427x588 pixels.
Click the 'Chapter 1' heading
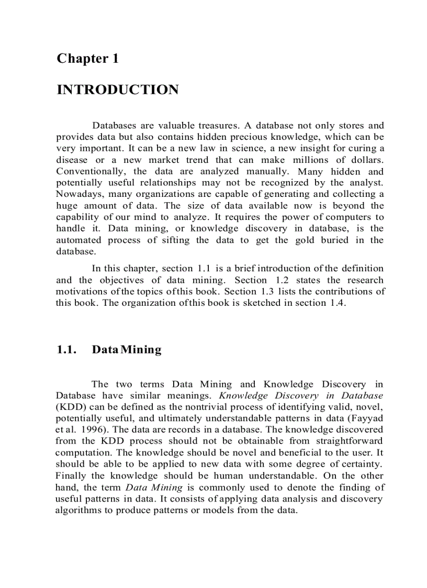pyautogui.click(x=87, y=58)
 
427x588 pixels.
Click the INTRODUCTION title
pyautogui.click(x=117, y=90)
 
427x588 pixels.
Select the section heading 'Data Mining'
pyautogui.click(x=127, y=350)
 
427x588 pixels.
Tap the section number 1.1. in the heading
pyautogui.click(x=67, y=350)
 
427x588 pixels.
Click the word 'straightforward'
pyautogui.click(x=350, y=441)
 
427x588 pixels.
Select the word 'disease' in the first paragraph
pyautogui.click(x=72, y=160)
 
